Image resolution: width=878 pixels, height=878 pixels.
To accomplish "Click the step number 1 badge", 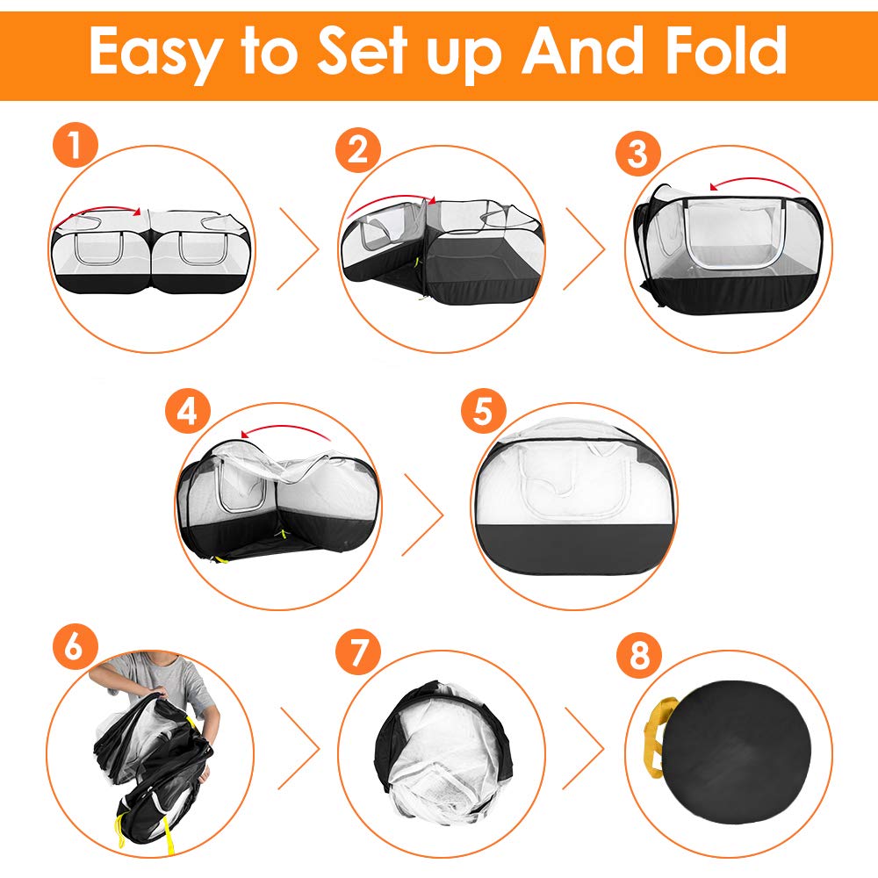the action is pyautogui.click(x=76, y=145).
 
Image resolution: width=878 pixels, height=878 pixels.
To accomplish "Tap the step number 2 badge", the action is pyautogui.click(x=358, y=149).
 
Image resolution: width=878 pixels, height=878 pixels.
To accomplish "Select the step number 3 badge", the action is pyautogui.click(x=637, y=153).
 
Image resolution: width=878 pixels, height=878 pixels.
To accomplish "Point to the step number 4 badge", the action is pyautogui.click(x=188, y=411).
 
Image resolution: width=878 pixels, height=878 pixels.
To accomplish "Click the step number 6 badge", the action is pyautogui.click(x=76, y=646).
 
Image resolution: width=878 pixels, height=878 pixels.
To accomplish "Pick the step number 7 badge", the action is pyautogui.click(x=358, y=651).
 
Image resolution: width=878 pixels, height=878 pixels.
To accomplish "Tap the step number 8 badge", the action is pyautogui.click(x=639, y=655).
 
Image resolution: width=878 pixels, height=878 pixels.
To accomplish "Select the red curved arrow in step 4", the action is pyautogui.click(x=285, y=428).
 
